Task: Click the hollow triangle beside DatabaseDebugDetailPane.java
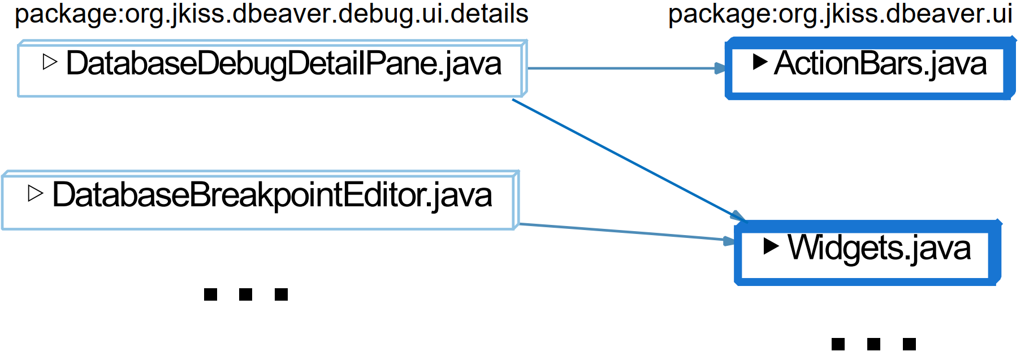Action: (50, 62)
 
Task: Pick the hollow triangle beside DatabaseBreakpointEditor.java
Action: (35, 193)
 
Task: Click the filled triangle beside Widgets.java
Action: (771, 246)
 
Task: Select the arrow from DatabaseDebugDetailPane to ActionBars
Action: (622, 68)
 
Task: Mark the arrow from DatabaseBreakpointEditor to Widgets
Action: (622, 232)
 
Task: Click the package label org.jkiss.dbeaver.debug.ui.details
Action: (271, 14)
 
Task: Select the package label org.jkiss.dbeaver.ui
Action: (840, 14)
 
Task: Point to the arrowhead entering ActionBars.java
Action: (720, 68)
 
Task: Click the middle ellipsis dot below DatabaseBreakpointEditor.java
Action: (246, 294)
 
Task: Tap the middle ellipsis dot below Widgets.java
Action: (873, 344)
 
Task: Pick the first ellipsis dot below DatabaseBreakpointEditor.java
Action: (210, 294)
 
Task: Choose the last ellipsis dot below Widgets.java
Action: (909, 344)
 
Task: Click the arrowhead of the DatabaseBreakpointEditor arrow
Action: (729, 241)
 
